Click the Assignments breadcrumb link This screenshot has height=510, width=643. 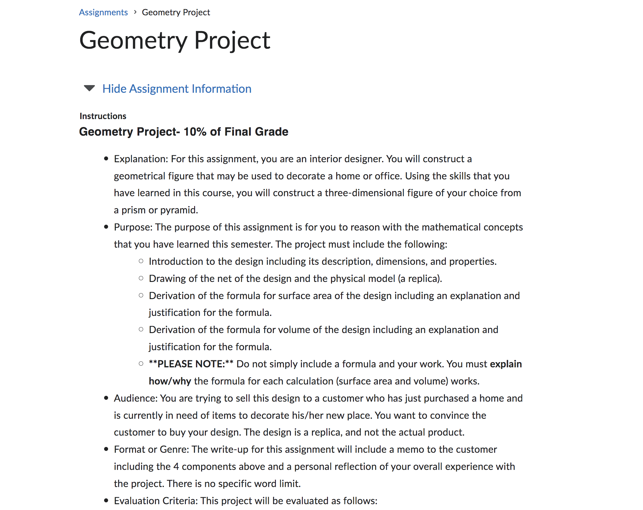pyautogui.click(x=103, y=12)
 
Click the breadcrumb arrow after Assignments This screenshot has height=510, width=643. pyautogui.click(x=135, y=12)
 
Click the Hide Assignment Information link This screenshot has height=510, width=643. pyautogui.click(x=177, y=89)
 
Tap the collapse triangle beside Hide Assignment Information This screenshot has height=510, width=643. pyautogui.click(x=89, y=88)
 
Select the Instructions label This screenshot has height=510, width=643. pyautogui.click(x=103, y=116)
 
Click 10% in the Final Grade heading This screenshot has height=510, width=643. pyautogui.click(x=195, y=132)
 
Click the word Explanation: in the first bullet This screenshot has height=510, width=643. pyautogui.click(x=141, y=159)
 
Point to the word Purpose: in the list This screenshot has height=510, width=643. pyautogui.click(x=133, y=227)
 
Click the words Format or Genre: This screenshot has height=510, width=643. pyautogui.click(x=152, y=449)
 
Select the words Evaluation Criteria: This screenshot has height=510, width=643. pyautogui.click(x=156, y=501)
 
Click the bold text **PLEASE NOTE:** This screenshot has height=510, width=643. pyautogui.click(x=191, y=364)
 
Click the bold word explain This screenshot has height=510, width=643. pyautogui.click(x=506, y=364)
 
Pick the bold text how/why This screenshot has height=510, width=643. pyautogui.click(x=170, y=381)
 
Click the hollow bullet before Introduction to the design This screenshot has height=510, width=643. pyautogui.click(x=141, y=261)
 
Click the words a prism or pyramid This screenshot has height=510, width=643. pyautogui.click(x=156, y=210)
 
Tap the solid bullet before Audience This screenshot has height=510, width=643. pyautogui.click(x=106, y=398)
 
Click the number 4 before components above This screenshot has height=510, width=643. pyautogui.click(x=176, y=467)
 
